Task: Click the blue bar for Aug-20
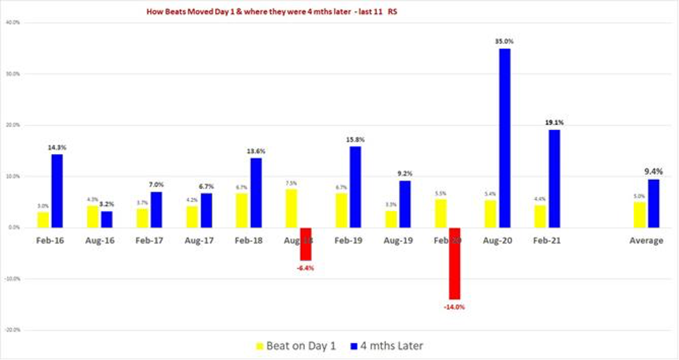(504, 138)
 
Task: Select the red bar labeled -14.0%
(454, 263)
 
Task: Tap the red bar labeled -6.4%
(305, 244)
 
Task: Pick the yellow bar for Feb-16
(43, 220)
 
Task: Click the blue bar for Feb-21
(554, 178)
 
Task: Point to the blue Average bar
(654, 203)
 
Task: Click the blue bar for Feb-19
(355, 186)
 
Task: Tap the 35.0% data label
(504, 41)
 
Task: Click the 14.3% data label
(57, 148)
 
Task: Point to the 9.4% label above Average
(654, 172)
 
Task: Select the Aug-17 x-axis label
(199, 240)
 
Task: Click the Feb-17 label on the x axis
(149, 240)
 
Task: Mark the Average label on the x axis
(647, 240)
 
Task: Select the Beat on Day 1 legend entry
(296, 345)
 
